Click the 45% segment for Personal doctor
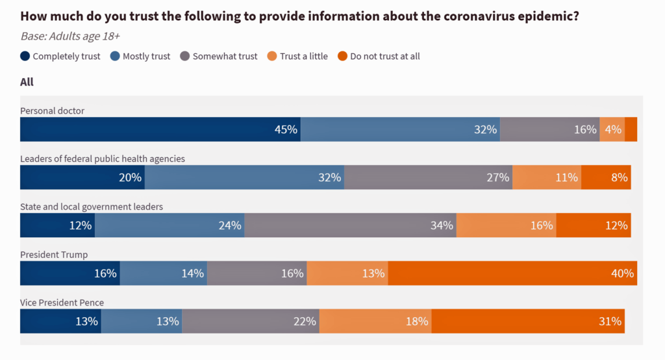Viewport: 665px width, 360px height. [160, 129]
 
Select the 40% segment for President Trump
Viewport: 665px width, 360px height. [512, 273]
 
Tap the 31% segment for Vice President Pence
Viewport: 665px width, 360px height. [528, 321]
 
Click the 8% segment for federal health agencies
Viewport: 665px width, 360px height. [605, 177]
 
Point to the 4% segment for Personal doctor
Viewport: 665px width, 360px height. [612, 129]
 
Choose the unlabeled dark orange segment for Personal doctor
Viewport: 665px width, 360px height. [631, 129]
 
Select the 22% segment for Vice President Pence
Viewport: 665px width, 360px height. [251, 321]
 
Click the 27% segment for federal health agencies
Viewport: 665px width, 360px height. [428, 177]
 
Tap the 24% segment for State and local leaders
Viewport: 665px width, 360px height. [169, 225]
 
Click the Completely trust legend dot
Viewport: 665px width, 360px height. [25, 57]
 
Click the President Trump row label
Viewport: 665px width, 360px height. [53, 255]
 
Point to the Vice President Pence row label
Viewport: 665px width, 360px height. [62, 303]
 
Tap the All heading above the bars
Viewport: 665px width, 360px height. [27, 82]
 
